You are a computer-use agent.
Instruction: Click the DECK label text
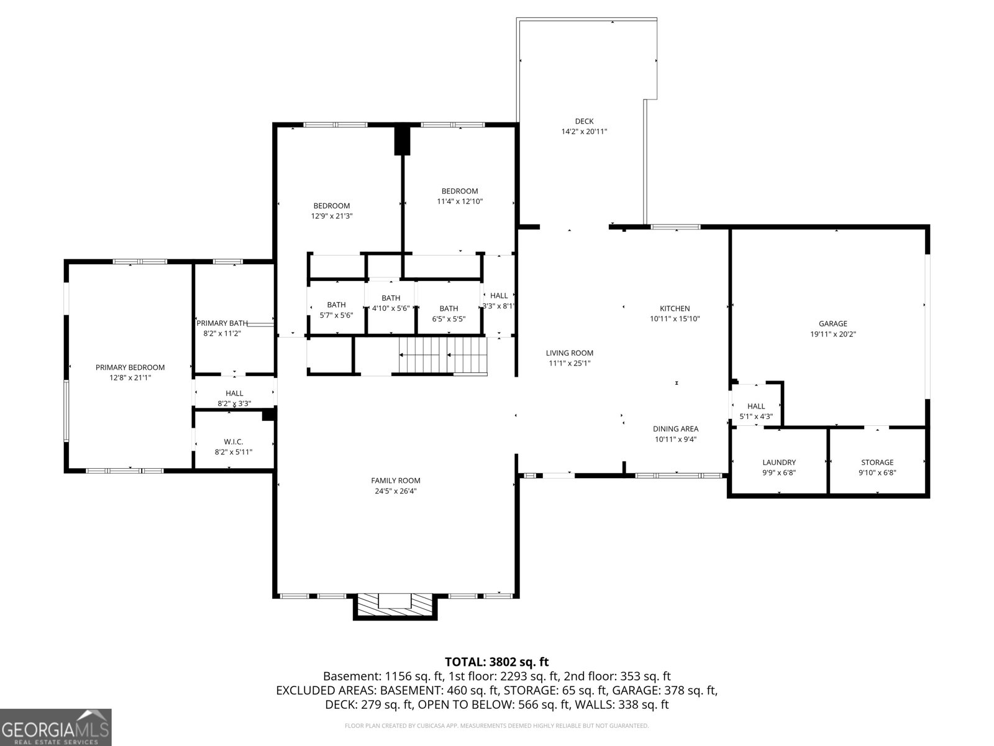[584, 121]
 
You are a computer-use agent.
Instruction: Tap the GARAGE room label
[832, 323]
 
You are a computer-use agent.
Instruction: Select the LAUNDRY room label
[779, 463]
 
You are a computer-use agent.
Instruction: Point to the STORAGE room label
[877, 463]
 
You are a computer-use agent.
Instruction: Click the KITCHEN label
[675, 308]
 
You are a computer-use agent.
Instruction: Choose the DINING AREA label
[675, 428]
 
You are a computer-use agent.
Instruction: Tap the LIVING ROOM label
[570, 352]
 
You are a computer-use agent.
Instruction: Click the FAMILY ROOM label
[396, 481]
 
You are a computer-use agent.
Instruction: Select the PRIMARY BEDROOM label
[130, 367]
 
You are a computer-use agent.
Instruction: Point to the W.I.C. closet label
[234, 442]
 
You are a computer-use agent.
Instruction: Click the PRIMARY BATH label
[222, 323]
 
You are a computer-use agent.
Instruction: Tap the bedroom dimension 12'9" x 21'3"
[331, 216]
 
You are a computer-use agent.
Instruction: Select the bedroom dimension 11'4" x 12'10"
[460, 201]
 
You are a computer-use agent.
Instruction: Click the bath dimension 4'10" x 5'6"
[391, 308]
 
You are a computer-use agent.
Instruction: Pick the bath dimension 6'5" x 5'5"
[449, 319]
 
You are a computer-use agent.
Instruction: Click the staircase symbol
[442, 356]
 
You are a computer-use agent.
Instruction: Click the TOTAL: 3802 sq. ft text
[496, 662]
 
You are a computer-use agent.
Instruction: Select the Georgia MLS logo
[56, 727]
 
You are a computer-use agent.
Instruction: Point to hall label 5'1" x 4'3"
[756, 417]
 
